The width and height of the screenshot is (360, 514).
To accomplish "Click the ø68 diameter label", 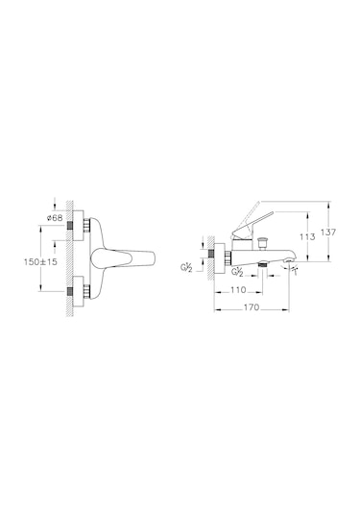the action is (x=55, y=218).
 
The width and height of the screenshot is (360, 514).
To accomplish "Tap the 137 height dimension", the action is (x=328, y=233).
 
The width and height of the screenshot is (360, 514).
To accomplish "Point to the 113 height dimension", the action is (x=307, y=236).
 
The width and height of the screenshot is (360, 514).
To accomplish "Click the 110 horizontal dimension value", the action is (x=237, y=290).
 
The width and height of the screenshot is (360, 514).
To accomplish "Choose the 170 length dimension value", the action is (x=252, y=307).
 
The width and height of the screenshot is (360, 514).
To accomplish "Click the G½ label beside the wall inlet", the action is (x=186, y=267).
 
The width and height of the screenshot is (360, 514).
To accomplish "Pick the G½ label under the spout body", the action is (x=237, y=272).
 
